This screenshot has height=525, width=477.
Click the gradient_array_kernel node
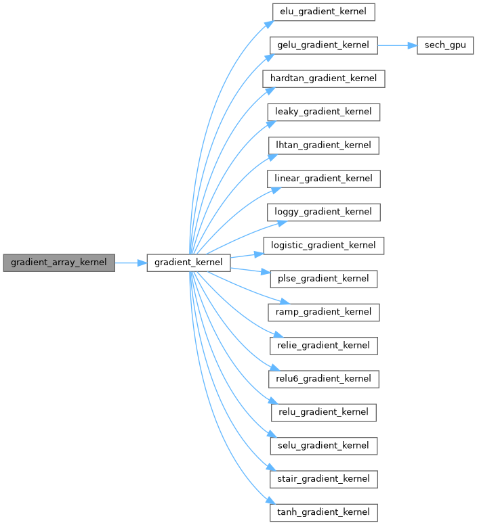pyautogui.click(x=59, y=262)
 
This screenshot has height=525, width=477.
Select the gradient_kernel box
pyautogui.click(x=189, y=262)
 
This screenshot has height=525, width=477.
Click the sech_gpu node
pyautogui.click(x=445, y=45)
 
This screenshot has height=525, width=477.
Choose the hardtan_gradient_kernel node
pyautogui.click(x=324, y=78)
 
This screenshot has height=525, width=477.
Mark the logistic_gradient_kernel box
pyautogui.click(x=324, y=245)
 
